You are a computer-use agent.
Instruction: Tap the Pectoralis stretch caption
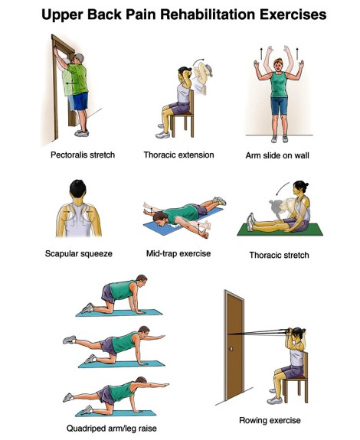tap(83, 155)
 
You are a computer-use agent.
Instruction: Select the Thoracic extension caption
tap(179, 155)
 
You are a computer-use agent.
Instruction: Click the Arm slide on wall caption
tap(277, 155)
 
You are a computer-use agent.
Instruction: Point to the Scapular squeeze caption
tap(79, 254)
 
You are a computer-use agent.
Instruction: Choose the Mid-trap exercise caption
tap(178, 253)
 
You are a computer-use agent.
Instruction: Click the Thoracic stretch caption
tap(279, 255)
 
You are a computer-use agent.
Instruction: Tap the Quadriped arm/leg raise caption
tap(112, 429)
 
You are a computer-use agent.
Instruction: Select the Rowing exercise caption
tap(270, 420)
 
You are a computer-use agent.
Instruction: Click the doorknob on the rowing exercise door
tap(231, 349)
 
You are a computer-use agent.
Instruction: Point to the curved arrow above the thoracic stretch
tap(282, 188)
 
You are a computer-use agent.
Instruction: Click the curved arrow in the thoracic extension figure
tap(198, 61)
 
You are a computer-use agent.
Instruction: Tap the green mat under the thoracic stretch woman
tap(280, 230)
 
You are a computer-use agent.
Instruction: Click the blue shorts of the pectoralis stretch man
tap(80, 102)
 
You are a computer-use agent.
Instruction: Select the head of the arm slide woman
tap(278, 65)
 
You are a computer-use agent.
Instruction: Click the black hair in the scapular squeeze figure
tap(78, 188)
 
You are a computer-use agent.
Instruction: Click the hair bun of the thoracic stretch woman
tap(306, 184)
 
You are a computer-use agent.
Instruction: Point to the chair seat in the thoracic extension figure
tap(182, 114)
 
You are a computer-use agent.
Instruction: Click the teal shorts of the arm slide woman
tap(279, 106)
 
